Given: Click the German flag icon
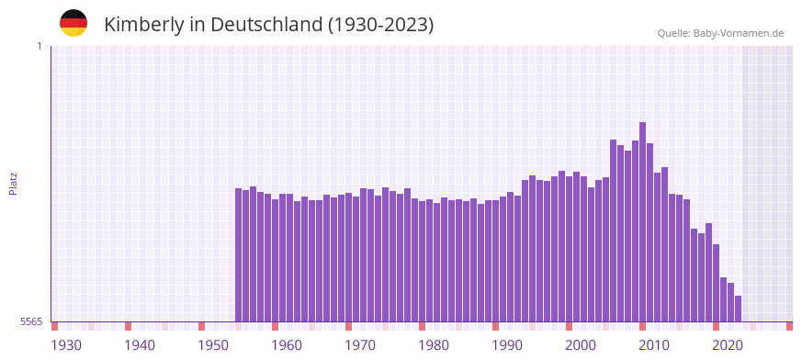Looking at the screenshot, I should [73, 23].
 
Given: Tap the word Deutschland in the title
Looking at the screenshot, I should [265, 25].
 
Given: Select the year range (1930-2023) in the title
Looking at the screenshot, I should [380, 25].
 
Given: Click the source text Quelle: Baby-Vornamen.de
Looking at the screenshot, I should [720, 33].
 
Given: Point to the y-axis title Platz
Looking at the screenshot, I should [13, 183].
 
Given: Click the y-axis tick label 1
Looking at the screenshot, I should [39, 46].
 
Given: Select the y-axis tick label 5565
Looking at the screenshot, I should [30, 322].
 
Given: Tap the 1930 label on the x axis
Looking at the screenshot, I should [66, 345].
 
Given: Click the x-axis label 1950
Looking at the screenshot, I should [213, 345].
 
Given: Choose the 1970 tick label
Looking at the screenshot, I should [360, 345].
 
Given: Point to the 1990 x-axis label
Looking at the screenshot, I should [507, 345].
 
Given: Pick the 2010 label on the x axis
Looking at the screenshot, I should [654, 345].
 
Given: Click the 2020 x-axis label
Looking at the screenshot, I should [728, 345].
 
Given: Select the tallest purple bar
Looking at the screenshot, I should [642, 221].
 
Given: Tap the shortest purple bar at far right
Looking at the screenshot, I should [738, 309].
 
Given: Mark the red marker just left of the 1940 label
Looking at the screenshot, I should [128, 326].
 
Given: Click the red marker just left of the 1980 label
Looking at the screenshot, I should [422, 326].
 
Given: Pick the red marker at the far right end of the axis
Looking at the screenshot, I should [789, 326].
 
